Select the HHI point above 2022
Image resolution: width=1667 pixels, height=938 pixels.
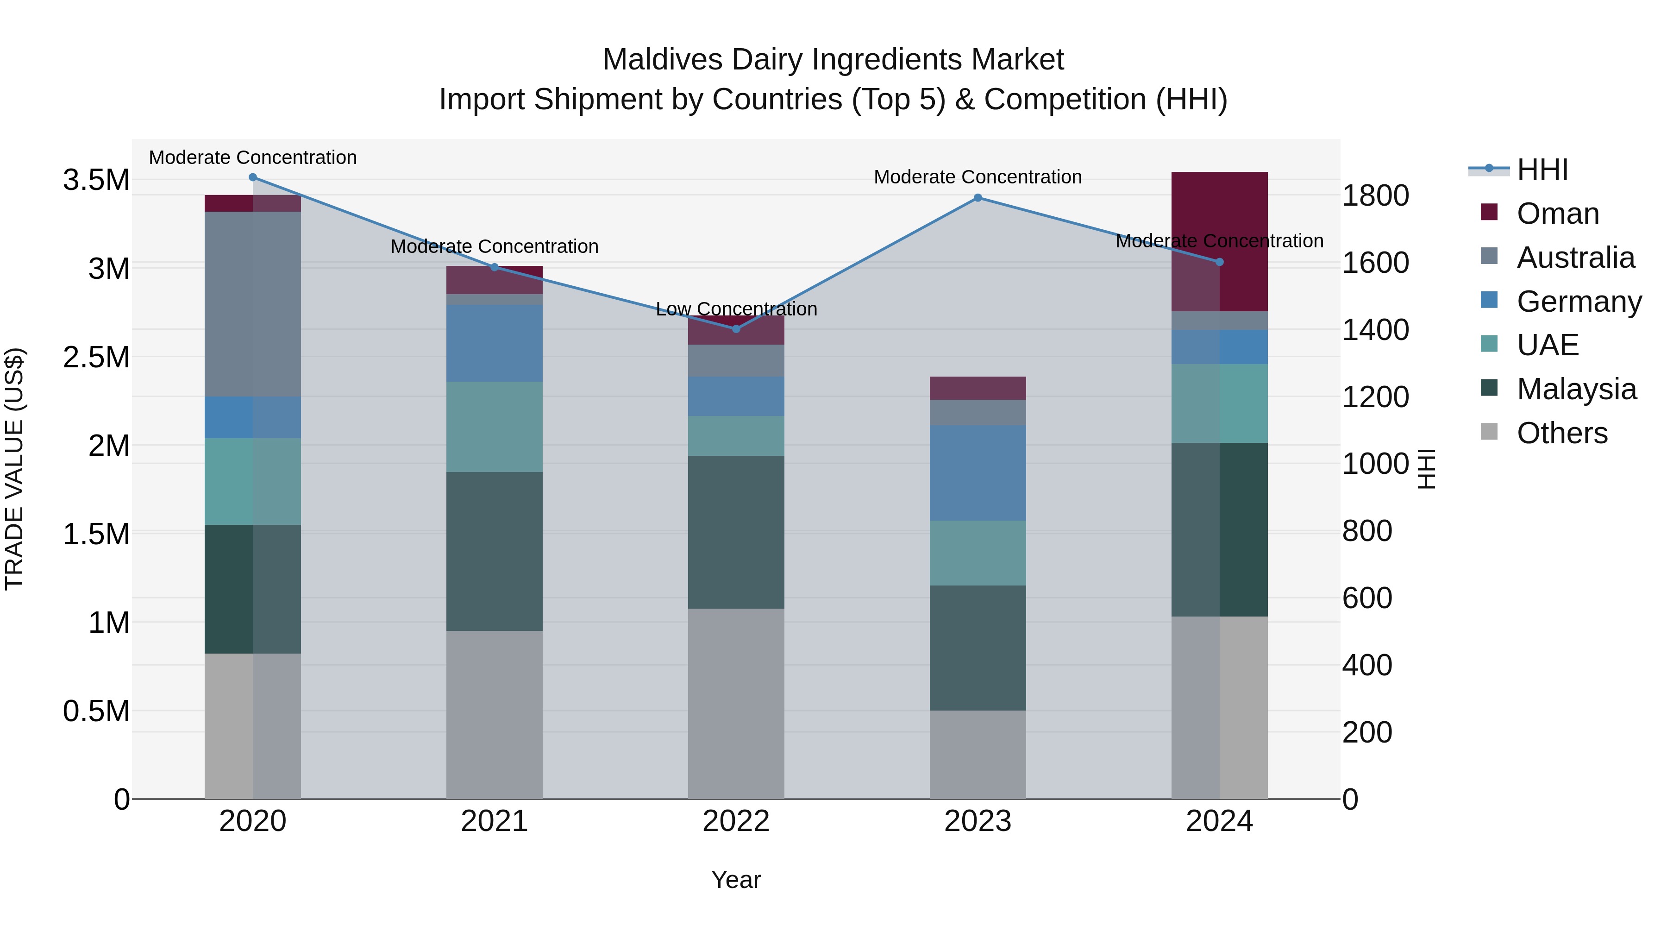736,329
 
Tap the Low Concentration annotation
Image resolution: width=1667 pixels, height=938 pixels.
736,309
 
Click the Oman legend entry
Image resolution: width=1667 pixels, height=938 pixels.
1556,214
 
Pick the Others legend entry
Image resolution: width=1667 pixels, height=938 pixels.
1561,433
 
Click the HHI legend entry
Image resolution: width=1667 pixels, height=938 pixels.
1542,170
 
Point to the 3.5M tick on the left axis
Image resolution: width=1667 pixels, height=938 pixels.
96,180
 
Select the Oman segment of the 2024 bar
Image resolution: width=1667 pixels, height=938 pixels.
1219,241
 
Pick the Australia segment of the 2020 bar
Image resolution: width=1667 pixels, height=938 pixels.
252,304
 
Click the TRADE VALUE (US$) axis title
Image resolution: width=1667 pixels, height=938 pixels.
14,469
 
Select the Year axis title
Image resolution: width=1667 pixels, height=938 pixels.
736,880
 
